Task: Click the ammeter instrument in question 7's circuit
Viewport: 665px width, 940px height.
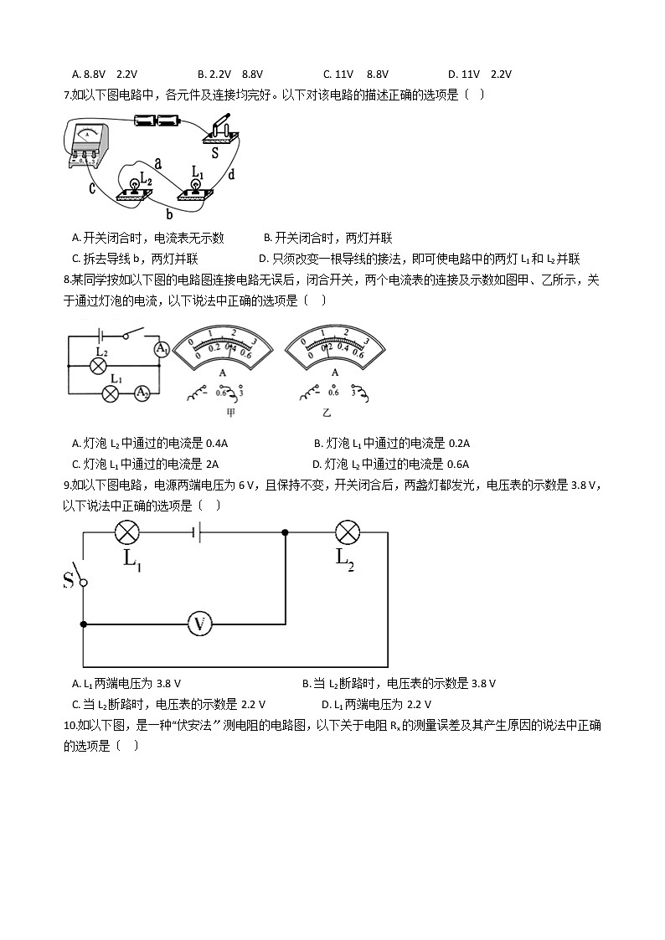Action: (x=88, y=142)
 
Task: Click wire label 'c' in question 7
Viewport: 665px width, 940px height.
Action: (x=93, y=188)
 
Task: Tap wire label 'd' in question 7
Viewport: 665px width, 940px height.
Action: (x=230, y=174)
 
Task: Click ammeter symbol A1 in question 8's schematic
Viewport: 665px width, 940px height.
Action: (x=162, y=348)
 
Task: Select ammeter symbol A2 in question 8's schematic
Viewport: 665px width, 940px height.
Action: (x=142, y=393)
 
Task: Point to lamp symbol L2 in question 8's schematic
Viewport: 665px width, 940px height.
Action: (x=99, y=367)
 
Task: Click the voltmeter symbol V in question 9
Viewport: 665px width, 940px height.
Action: (x=198, y=624)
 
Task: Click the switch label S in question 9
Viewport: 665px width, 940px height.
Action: (x=69, y=580)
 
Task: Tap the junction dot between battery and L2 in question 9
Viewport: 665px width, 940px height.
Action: (x=286, y=532)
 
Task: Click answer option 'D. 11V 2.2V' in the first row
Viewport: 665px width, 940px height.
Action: (x=479, y=74)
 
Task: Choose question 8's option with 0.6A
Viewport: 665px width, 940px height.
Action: (x=390, y=464)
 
